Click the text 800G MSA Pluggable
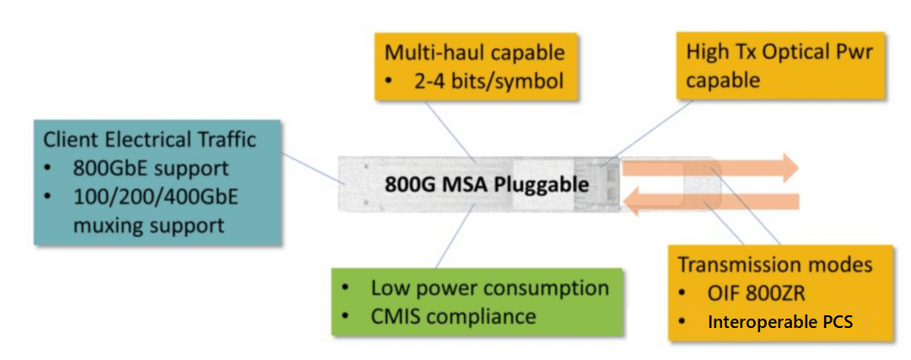point(487,184)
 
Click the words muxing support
point(148,225)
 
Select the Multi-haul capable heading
point(474,53)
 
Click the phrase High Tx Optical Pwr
point(779,52)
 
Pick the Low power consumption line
point(489,287)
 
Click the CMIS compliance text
point(453,316)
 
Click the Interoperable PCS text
point(780,322)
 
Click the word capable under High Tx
point(722,80)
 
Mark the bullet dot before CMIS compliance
point(348,317)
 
